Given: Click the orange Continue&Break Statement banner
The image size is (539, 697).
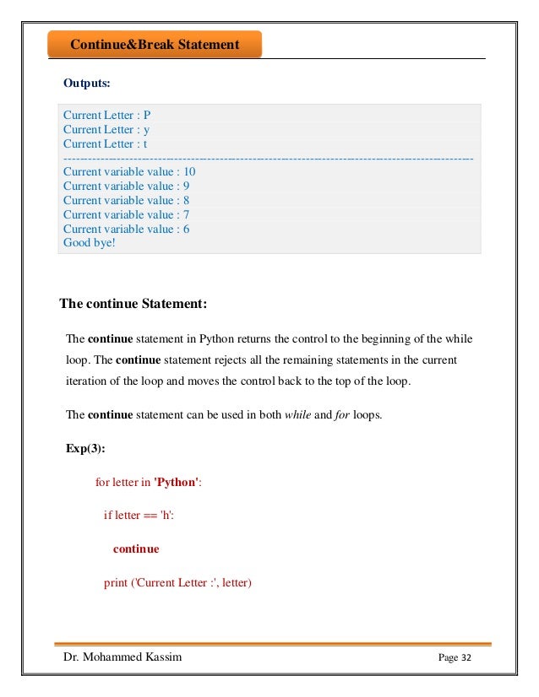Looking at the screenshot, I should point(155,45).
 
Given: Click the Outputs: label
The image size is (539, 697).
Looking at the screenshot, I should point(87,84).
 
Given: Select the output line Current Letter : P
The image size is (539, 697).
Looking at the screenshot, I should point(106,115).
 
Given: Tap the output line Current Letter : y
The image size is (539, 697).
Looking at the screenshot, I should point(106,129).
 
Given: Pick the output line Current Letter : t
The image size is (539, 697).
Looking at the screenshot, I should point(106,143).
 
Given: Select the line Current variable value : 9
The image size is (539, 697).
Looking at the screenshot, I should point(126,186).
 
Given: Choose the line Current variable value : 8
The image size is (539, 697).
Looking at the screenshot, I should point(126,200).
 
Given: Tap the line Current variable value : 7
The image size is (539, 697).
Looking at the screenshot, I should point(126,214).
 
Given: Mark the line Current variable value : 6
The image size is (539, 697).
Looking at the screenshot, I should point(126,229).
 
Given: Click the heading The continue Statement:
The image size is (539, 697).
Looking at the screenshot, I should point(133,303).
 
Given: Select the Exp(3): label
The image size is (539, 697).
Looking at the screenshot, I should point(88,448).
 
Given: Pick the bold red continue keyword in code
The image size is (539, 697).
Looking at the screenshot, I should point(136,548).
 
